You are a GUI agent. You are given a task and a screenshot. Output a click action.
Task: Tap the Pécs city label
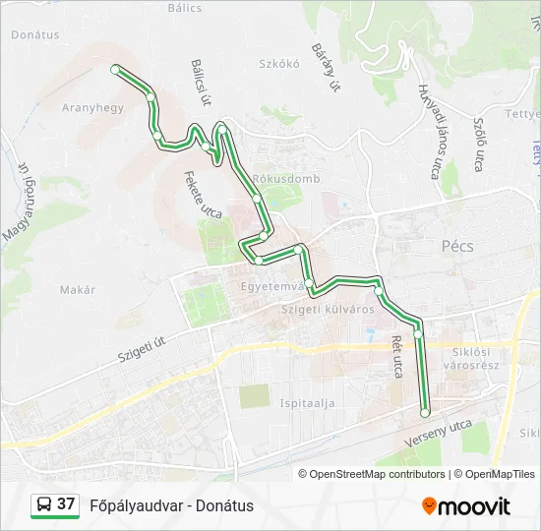pyautogui.click(x=457, y=247)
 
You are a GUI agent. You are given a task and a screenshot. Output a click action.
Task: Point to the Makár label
pyautogui.click(x=78, y=290)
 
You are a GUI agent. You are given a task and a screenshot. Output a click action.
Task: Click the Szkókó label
pyautogui.click(x=278, y=63)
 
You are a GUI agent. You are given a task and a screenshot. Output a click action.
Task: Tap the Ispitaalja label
pyautogui.click(x=308, y=403)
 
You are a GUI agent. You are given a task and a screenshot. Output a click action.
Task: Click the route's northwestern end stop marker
pyautogui.click(x=116, y=69)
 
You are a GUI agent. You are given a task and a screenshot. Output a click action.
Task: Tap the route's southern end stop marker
pyautogui.click(x=425, y=413)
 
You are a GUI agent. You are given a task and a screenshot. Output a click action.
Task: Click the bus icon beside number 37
pyautogui.click(x=43, y=505)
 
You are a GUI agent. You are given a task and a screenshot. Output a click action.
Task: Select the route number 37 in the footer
pyautogui.click(x=66, y=504)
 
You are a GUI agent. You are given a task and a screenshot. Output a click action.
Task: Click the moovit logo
pyautogui.click(x=466, y=506)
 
